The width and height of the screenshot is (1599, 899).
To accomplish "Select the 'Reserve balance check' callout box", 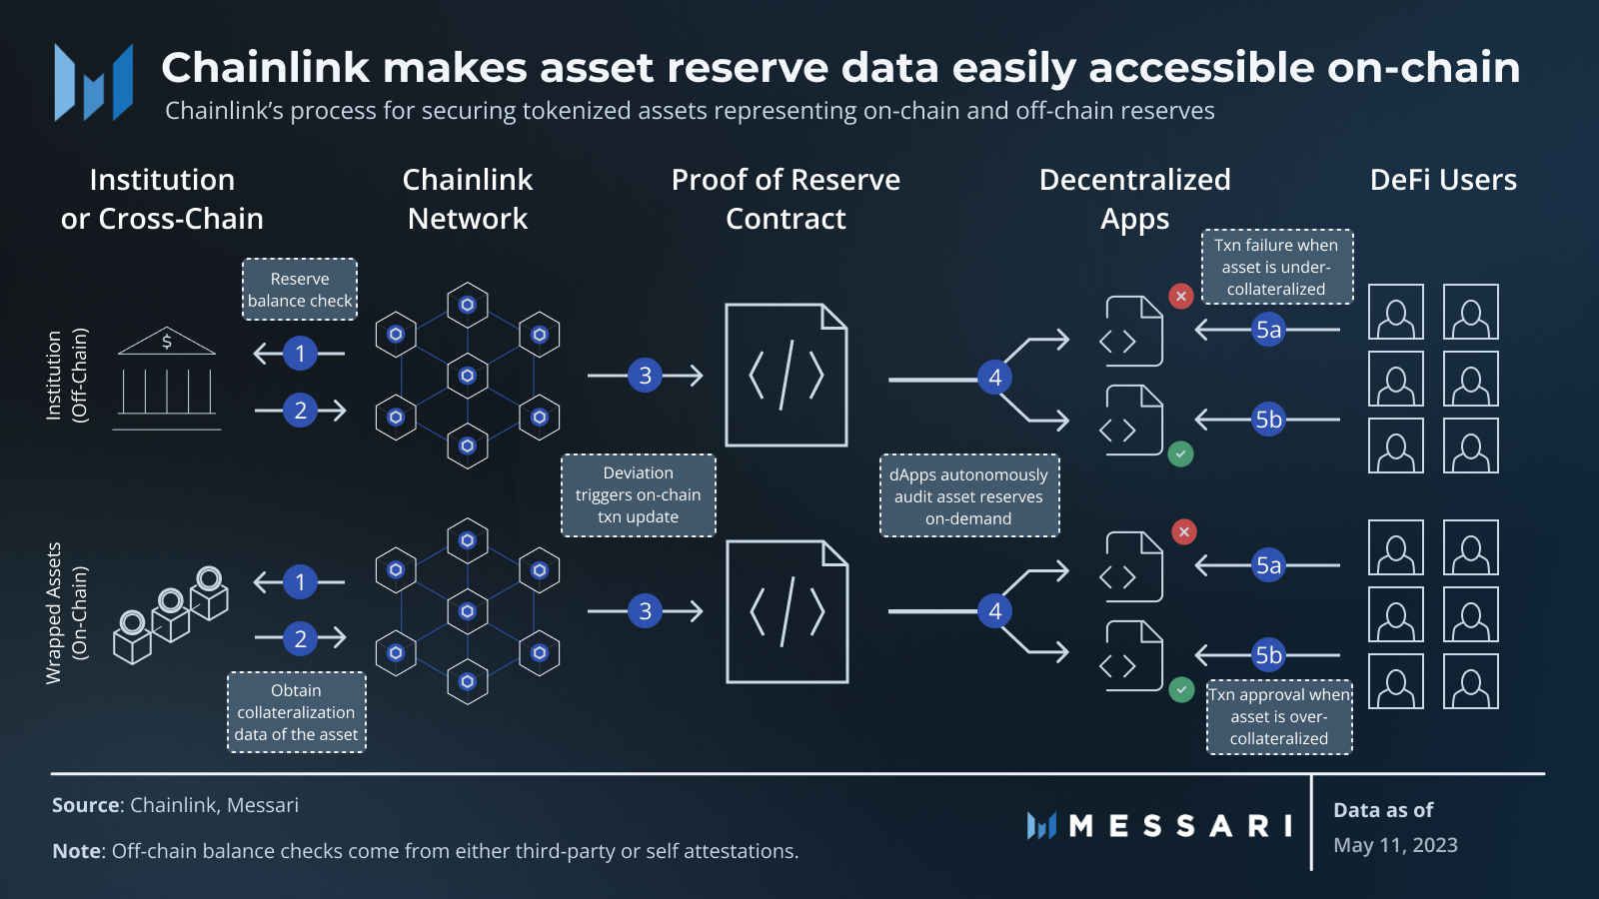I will tap(300, 290).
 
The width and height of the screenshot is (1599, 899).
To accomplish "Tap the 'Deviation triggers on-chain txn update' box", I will tap(638, 495).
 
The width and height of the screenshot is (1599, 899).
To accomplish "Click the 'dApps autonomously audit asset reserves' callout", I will tap(968, 496).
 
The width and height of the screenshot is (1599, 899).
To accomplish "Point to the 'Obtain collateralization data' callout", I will tap(297, 712).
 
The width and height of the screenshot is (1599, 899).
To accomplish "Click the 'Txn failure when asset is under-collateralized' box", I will tap(1276, 267).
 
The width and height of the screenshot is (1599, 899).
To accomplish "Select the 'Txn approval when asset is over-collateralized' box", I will tap(1279, 717).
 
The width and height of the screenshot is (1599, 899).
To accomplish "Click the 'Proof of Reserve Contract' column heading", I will tap(786, 199).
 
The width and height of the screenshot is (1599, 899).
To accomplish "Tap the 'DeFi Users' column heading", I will tap(1442, 180).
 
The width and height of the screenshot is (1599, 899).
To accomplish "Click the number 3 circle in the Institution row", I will tap(646, 376).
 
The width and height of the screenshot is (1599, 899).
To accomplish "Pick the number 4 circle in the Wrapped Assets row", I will tap(994, 611).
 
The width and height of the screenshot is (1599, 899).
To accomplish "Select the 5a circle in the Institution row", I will tap(1268, 330).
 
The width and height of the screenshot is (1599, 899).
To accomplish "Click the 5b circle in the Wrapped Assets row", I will tap(1268, 655).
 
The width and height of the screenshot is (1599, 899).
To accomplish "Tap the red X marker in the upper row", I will tap(1181, 296).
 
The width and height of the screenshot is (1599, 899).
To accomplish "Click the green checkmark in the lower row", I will tap(1181, 689).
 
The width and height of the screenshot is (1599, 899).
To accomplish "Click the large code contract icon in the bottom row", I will tap(787, 611).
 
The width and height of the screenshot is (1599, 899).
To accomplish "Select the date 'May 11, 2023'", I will tap(1395, 845).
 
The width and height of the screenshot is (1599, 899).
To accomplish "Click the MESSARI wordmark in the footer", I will tap(1179, 826).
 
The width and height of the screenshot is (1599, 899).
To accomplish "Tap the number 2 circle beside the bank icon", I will tap(300, 411).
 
